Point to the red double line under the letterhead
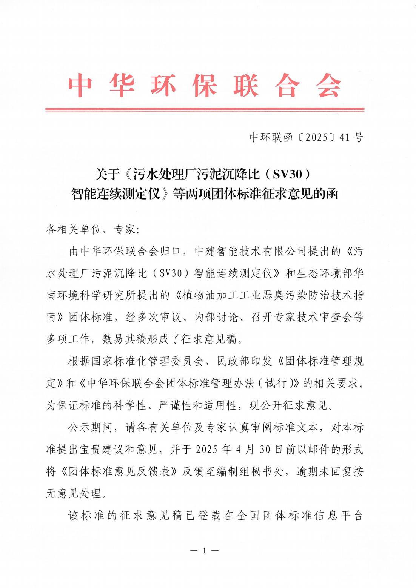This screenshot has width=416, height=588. (205, 110)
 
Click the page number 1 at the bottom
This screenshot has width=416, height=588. (205, 550)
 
